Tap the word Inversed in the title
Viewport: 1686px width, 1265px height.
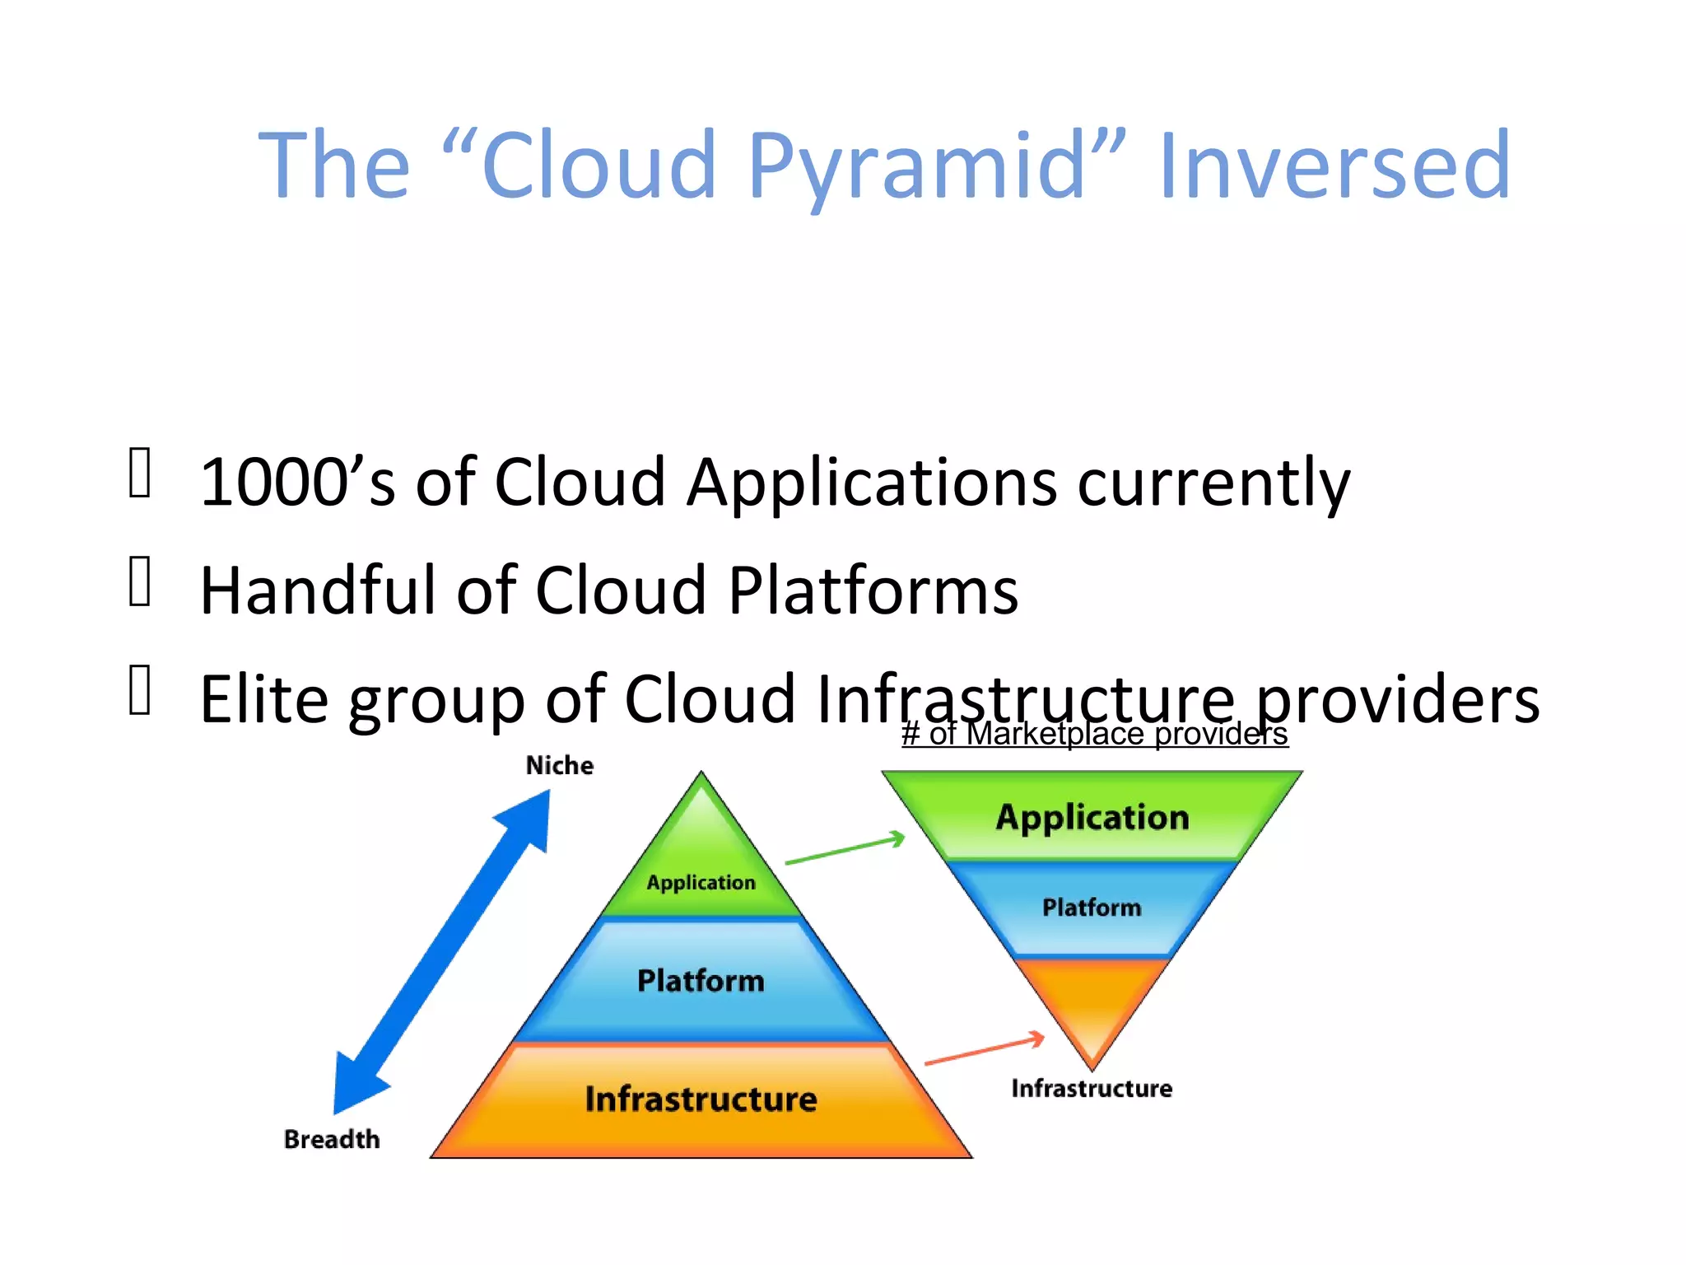1334,167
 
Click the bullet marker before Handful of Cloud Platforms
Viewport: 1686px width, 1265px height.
140,581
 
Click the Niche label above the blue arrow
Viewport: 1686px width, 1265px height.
560,765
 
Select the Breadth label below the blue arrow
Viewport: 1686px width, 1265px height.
332,1139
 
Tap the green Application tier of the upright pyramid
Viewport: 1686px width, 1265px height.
701,873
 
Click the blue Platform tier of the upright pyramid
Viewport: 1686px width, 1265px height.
701,981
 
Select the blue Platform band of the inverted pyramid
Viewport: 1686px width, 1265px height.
1092,908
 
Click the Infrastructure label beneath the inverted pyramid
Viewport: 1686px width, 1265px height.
1092,1088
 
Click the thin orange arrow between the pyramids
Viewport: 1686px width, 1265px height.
984,1050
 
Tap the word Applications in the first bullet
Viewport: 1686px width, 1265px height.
872,482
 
